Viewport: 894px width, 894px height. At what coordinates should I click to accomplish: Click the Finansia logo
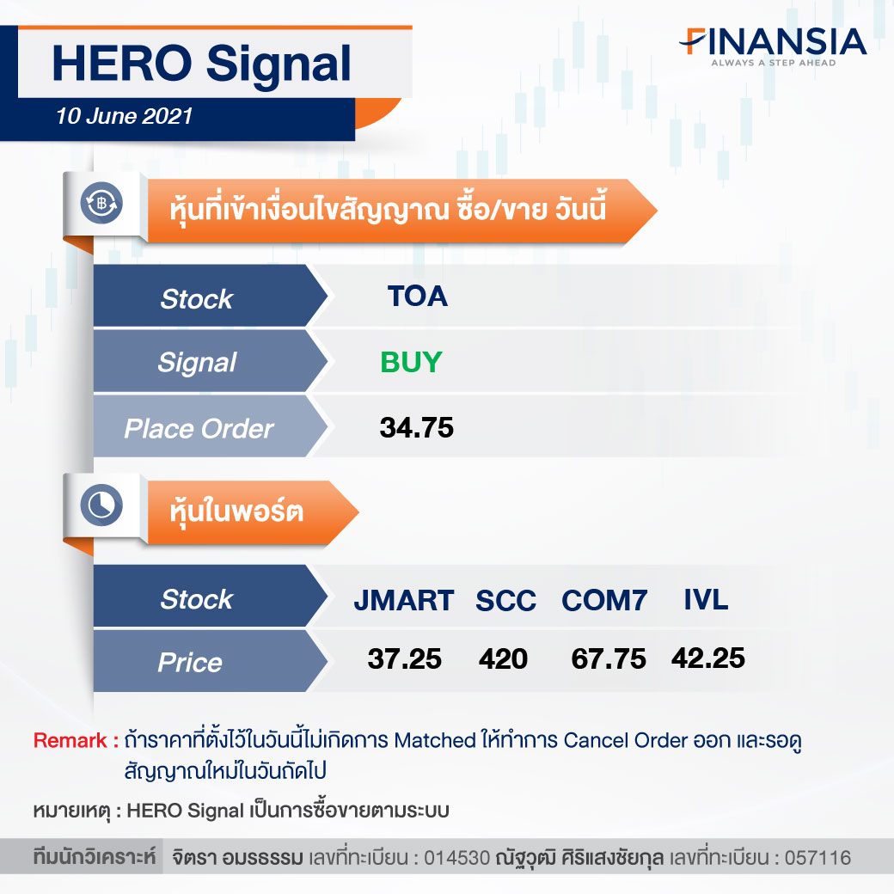pos(773,46)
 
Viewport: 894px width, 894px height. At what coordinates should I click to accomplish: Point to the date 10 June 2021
pos(125,116)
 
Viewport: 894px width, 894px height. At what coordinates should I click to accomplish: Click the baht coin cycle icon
pos(101,203)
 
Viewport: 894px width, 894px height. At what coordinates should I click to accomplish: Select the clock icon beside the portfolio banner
pos(101,505)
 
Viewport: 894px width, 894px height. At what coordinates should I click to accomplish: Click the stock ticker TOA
pos(418,297)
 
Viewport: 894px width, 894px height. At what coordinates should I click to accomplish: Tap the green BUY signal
pos(411,362)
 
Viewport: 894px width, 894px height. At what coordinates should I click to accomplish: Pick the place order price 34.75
pos(417,427)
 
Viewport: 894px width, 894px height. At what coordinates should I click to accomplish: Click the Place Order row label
pos(199,429)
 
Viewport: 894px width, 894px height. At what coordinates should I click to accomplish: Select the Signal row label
pos(197,363)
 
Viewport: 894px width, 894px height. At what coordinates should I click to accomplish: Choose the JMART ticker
pos(404,600)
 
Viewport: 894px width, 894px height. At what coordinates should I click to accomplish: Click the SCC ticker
pos(505,600)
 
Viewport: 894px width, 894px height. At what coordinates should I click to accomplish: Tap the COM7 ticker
pos(604,600)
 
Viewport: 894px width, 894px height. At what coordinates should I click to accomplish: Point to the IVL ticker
pos(706,599)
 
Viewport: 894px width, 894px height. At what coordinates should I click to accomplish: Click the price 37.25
pos(404,659)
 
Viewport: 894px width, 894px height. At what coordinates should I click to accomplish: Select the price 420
pos(503,659)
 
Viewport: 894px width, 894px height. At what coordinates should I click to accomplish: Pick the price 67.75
pos(609,659)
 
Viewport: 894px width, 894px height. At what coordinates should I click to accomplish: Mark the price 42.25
pos(708,658)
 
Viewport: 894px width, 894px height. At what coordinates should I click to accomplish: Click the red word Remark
pos(70,740)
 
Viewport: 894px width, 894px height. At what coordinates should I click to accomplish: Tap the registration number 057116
pos(817,858)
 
